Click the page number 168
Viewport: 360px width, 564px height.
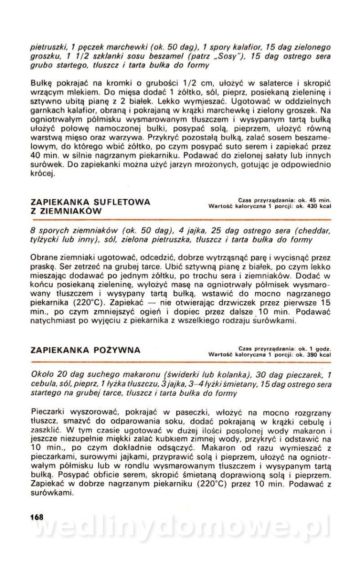(36, 517)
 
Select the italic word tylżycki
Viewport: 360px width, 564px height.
(45, 240)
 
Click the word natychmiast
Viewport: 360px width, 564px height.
(53, 321)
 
